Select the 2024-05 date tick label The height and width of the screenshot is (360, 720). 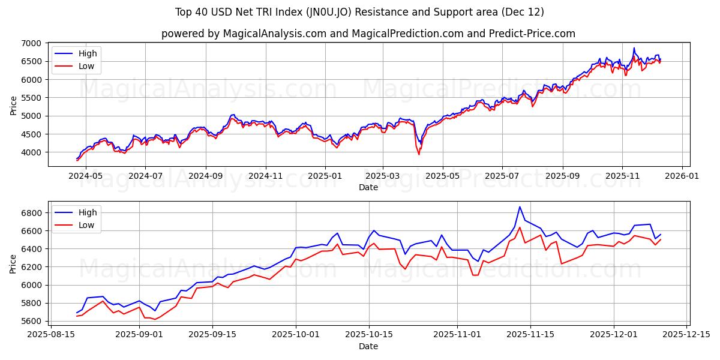coord(86,176)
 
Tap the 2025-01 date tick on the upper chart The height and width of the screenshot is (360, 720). coord(325,176)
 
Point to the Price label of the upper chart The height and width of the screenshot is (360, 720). coord(14,104)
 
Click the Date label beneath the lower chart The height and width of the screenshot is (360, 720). coord(368,346)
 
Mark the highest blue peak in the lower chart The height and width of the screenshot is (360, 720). coord(520,207)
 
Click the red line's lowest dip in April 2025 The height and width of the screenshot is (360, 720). coord(419,154)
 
